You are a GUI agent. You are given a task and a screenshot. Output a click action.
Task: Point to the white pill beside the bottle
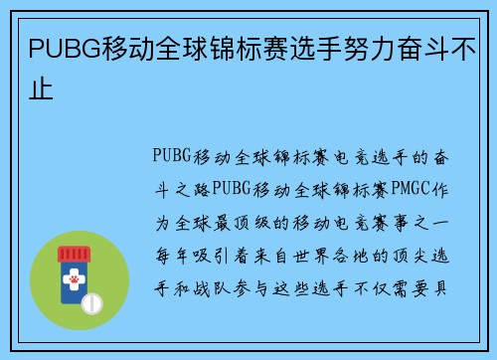click(x=90, y=302)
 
